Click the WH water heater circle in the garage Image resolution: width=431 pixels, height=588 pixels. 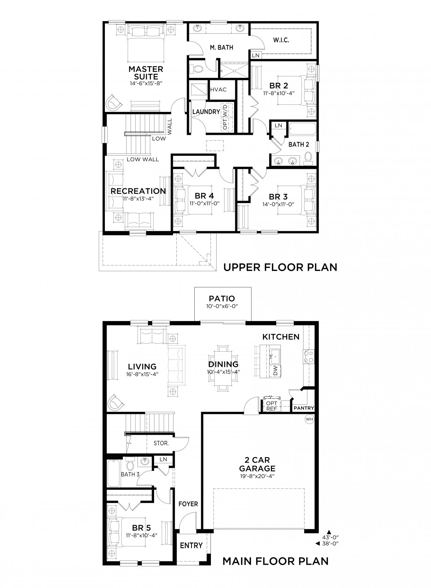[309, 419]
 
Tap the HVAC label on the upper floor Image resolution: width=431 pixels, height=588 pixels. [218, 90]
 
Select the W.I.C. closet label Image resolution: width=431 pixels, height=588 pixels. [281, 40]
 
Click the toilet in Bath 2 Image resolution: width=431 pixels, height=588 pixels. [308, 157]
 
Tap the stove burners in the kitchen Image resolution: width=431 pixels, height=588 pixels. [309, 357]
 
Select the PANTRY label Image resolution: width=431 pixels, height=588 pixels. [304, 408]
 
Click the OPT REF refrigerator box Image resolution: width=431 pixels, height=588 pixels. [272, 406]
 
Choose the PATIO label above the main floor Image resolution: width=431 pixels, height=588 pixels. [222, 298]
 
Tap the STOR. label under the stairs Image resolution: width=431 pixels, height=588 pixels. [161, 443]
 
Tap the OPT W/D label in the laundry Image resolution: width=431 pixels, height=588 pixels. [226, 117]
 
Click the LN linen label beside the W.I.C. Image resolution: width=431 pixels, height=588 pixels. [256, 55]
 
